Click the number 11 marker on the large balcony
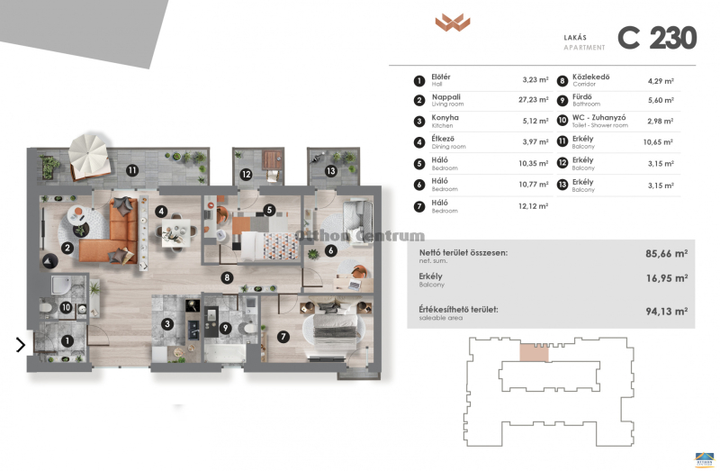132,170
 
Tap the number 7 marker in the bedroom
283,337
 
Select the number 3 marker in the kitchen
167,324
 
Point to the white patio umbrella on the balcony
88,152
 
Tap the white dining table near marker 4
175,231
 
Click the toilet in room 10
47,307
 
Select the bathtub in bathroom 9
224,354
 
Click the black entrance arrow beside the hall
20,345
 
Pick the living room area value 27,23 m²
534,100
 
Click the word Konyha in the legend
445,118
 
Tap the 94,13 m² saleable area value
667,311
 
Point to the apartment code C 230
657,38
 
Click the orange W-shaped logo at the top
453,22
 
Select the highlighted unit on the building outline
534,352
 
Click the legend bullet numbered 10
562,121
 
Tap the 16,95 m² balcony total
667,278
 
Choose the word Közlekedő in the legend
591,77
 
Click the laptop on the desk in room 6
354,285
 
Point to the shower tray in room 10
61,285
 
